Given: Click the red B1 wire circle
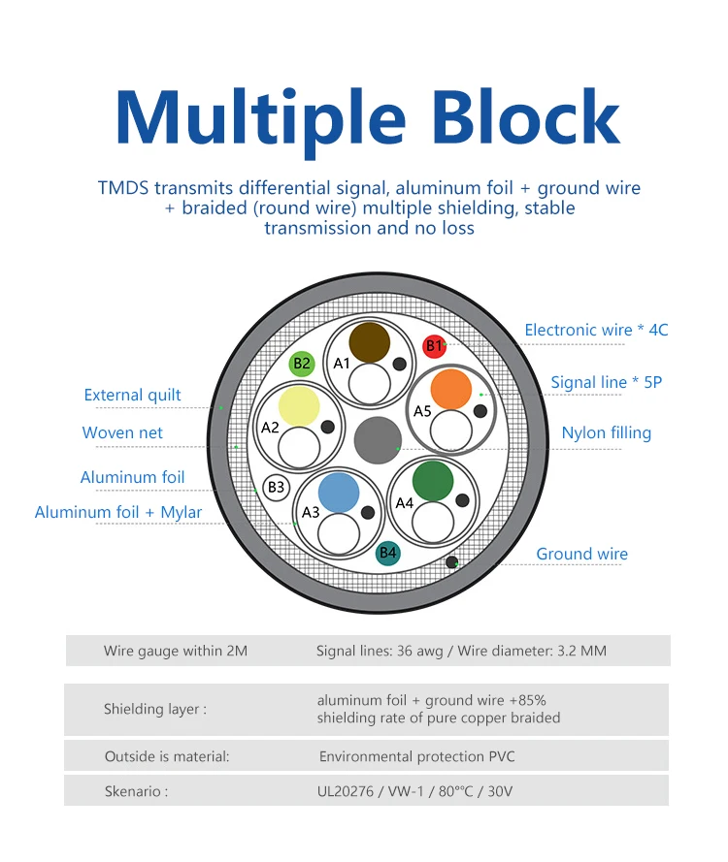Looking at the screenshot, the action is (x=434, y=345).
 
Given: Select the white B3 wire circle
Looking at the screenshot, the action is (x=277, y=487).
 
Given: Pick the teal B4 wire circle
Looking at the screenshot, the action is (x=388, y=553).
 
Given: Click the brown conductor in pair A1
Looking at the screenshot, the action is (x=370, y=342).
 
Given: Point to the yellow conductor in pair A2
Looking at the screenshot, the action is (x=299, y=405).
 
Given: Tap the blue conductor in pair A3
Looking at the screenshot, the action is (x=339, y=492).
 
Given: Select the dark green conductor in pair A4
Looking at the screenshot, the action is (x=433, y=481).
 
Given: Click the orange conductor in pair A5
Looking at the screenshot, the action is (x=450, y=389).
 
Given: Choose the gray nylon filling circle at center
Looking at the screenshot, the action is (x=377, y=440).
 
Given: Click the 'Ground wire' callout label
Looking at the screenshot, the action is (x=581, y=555).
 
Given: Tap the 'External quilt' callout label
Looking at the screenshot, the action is (x=132, y=395).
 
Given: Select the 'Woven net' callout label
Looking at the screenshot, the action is (x=122, y=432).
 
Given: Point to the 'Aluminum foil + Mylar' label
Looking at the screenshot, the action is (x=118, y=512).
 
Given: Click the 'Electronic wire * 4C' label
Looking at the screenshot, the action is (x=596, y=330).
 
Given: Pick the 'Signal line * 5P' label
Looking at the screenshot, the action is (x=606, y=382).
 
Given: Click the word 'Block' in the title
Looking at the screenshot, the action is (x=525, y=118).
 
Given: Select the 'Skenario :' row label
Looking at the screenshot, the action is (x=136, y=791).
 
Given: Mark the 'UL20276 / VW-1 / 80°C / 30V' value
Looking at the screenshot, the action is (x=414, y=791).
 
